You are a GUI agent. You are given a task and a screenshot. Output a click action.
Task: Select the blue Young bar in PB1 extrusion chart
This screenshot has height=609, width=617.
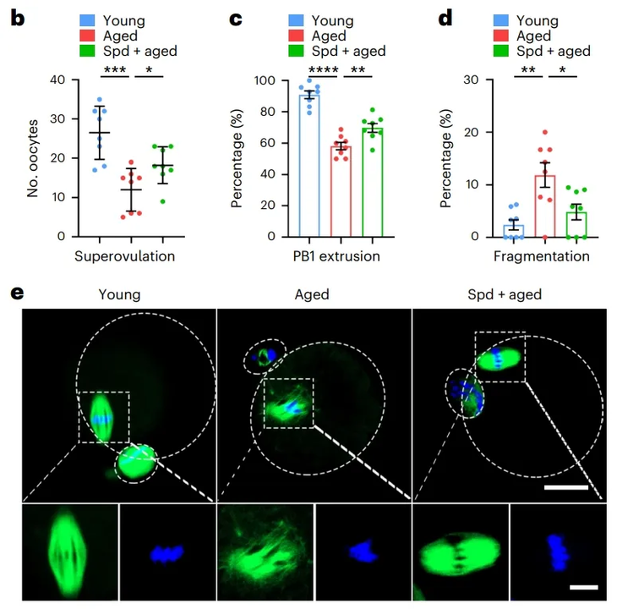click(x=310, y=169)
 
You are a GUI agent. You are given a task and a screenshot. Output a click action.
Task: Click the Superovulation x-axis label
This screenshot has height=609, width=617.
click(x=124, y=256)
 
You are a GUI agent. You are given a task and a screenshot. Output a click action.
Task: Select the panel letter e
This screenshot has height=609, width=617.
click(x=15, y=294)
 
